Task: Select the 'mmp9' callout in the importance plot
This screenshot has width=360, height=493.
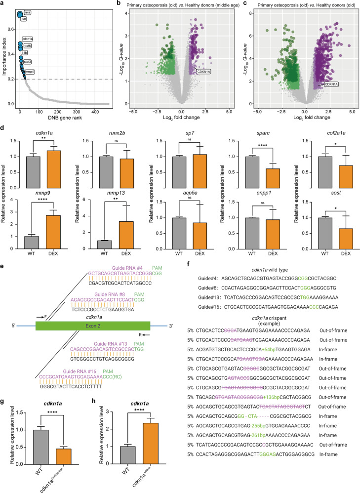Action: [30, 72]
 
